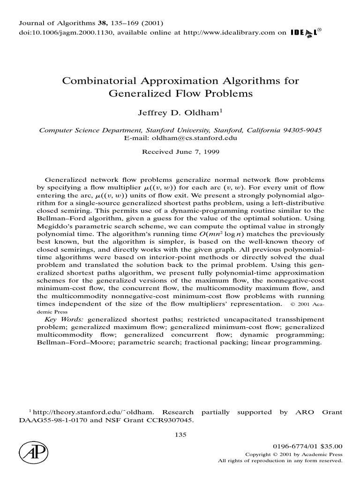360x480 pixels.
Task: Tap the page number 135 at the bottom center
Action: tap(180, 435)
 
